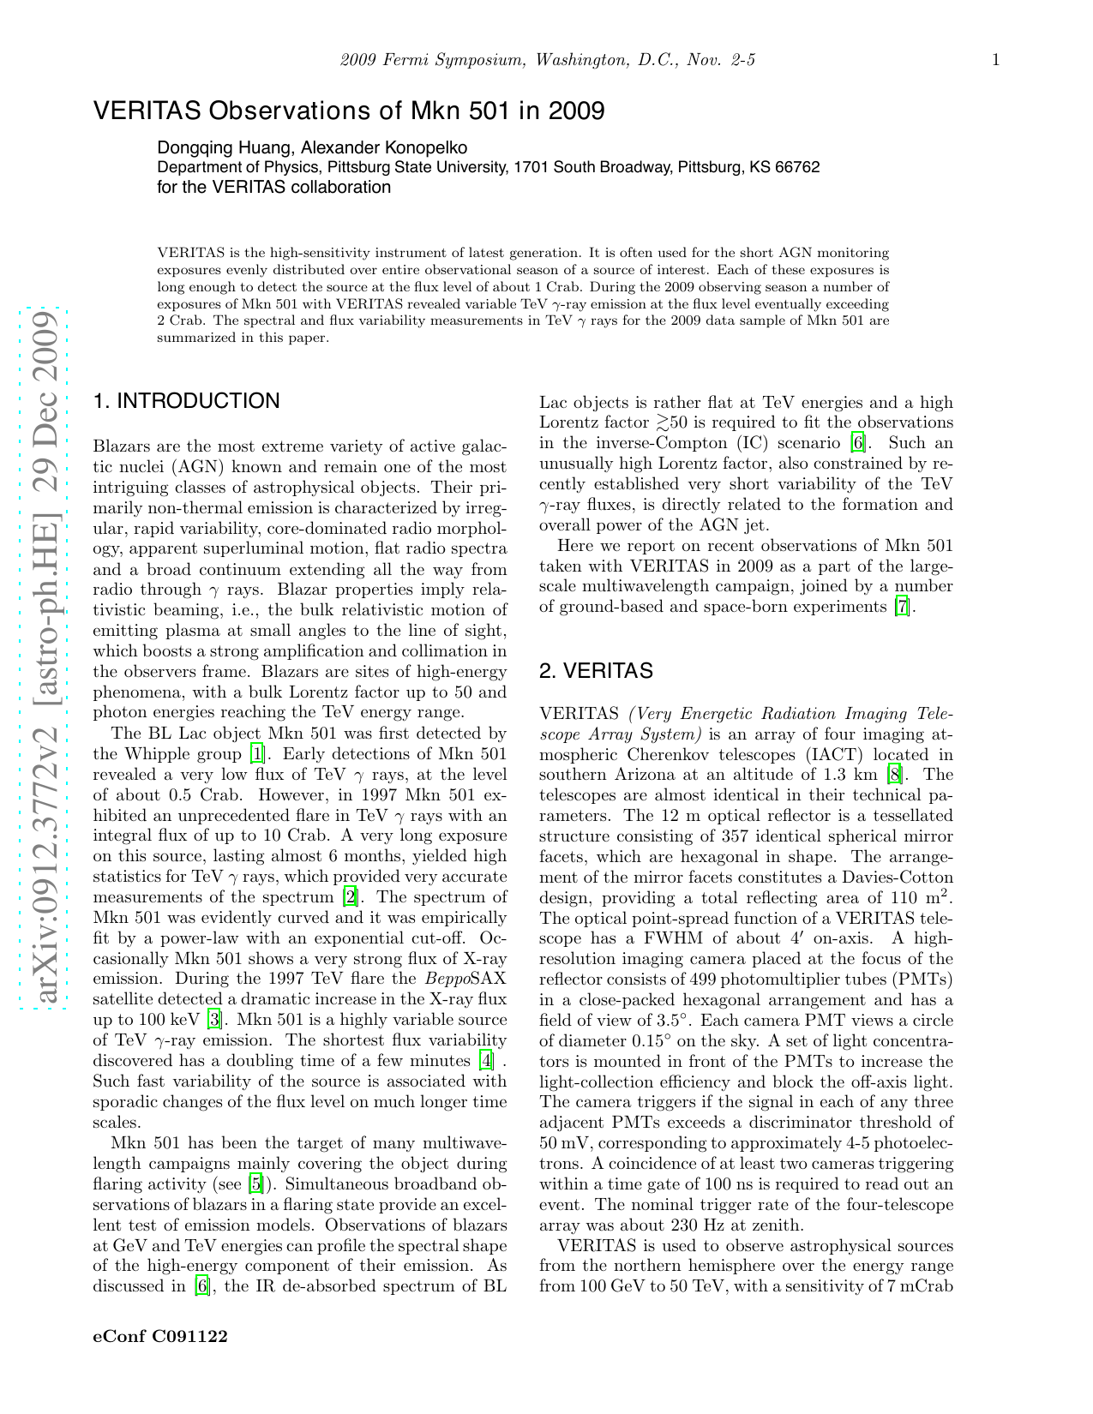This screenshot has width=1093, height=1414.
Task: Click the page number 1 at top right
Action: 995,60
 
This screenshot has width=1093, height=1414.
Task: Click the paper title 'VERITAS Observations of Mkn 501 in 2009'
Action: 348,111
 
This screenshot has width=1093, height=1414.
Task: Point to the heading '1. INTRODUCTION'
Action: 186,401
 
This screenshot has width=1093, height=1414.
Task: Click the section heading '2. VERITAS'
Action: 596,671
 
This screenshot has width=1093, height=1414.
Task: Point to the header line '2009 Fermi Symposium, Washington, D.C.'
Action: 547,60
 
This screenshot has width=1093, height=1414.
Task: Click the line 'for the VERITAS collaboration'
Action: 274,187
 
